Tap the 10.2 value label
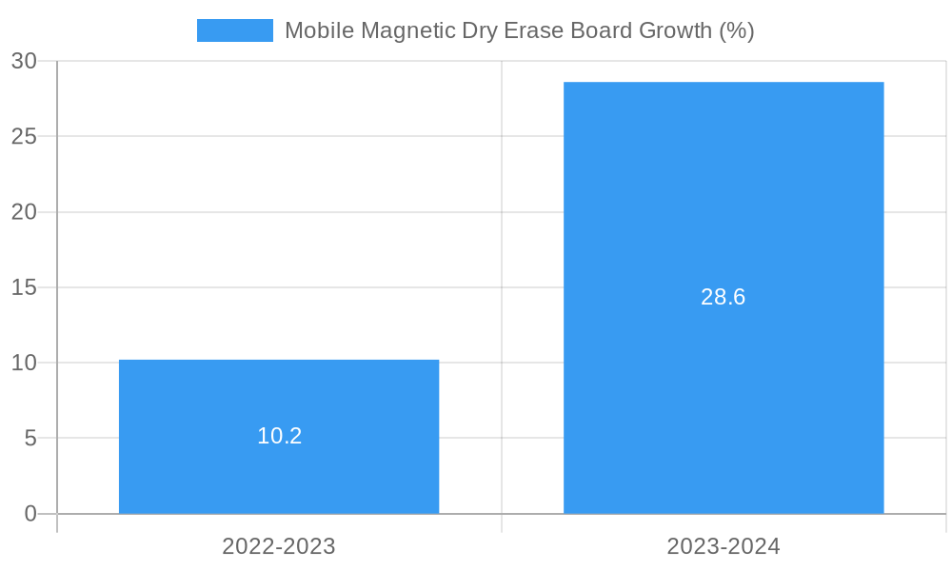point(279,436)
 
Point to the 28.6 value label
point(724,297)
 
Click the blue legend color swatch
point(234,30)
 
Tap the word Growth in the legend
point(674,30)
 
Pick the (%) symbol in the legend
point(736,30)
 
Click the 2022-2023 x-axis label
point(279,546)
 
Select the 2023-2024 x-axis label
point(724,546)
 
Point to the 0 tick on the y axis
point(30,514)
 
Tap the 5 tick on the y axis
point(30,439)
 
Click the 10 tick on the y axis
point(24,363)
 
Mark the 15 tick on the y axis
point(24,287)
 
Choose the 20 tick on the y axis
point(24,212)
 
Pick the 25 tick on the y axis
point(24,136)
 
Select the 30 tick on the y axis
point(24,61)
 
